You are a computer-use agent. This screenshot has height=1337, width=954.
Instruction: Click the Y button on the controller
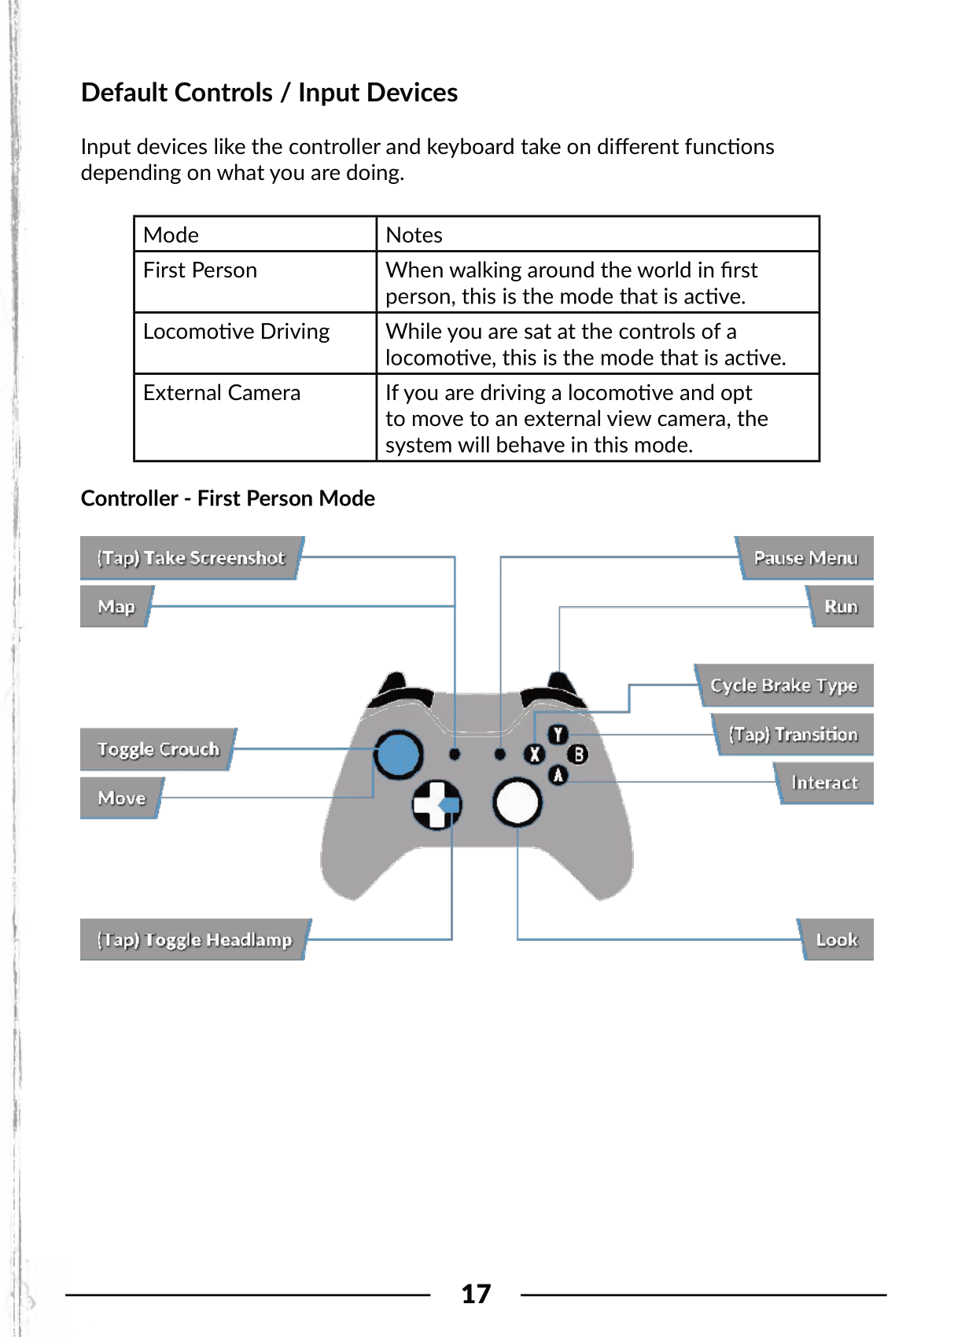click(x=558, y=735)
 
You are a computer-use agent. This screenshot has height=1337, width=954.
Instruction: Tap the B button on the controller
click(x=578, y=755)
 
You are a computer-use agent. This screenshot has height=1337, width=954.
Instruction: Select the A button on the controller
click(x=558, y=775)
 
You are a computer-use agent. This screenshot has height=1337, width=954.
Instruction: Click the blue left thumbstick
click(x=399, y=754)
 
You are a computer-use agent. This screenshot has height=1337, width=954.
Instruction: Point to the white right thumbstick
click(x=517, y=803)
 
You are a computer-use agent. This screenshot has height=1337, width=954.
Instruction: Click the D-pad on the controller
click(x=436, y=804)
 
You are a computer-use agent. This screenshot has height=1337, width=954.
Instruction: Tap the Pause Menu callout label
click(x=805, y=558)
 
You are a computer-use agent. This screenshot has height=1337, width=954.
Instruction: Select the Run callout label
click(x=841, y=607)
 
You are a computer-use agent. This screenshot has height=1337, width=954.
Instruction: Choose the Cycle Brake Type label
click(x=783, y=685)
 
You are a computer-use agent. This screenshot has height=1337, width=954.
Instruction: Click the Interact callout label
click(x=824, y=783)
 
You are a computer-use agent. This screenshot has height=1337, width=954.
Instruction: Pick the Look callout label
click(x=836, y=940)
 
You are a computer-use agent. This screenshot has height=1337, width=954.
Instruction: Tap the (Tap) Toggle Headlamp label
click(x=194, y=940)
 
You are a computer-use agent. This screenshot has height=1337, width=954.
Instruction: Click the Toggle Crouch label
click(x=158, y=749)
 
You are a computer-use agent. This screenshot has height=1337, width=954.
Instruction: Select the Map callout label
click(x=116, y=607)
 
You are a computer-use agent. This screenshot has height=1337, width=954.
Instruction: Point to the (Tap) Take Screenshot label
click(x=190, y=558)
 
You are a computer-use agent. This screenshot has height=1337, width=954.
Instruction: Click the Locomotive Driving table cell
click(x=237, y=332)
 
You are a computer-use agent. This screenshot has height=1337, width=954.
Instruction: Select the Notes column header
click(x=414, y=235)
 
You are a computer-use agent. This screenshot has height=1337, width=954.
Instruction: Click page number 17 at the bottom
click(x=476, y=1294)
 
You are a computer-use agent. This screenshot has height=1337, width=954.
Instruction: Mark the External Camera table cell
click(x=222, y=393)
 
